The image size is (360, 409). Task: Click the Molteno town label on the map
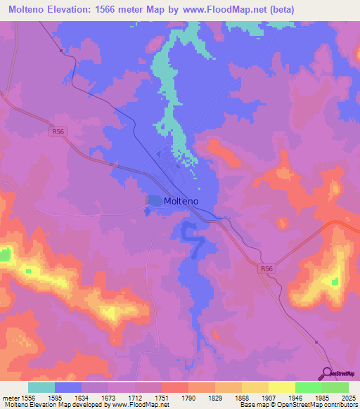click(x=181, y=201)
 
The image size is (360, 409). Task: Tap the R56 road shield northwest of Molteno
click(x=57, y=130)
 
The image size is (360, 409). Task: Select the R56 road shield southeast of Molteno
click(x=266, y=268)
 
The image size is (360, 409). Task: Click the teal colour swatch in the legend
click(x=41, y=387)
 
